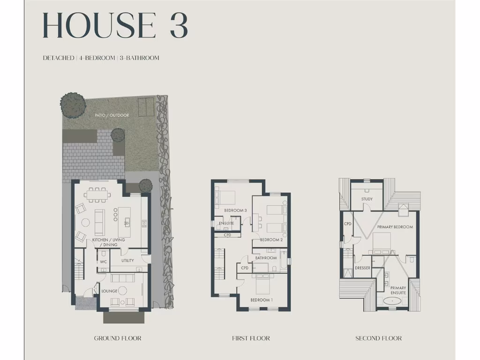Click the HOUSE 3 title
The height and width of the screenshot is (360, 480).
point(115,26)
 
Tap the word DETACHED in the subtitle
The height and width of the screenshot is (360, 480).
point(58,58)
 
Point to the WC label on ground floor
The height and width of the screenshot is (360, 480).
point(104,262)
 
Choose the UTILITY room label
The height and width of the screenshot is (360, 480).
point(127,261)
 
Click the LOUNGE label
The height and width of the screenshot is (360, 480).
point(109,291)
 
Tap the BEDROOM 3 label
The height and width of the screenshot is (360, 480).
point(235,210)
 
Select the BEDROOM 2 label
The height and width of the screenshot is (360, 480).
point(271,240)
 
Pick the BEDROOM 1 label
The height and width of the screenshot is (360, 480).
point(261,300)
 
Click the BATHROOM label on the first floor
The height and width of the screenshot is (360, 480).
point(265,258)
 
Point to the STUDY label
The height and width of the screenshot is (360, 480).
point(367,199)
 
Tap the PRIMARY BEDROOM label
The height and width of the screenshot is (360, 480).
point(395,227)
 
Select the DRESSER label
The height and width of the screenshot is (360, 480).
point(362,268)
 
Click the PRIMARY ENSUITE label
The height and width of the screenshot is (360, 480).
point(398,291)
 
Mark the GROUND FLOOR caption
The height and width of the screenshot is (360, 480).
point(118,338)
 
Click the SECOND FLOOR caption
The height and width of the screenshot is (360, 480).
point(378,338)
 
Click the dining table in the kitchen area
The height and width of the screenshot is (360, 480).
point(98,194)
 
